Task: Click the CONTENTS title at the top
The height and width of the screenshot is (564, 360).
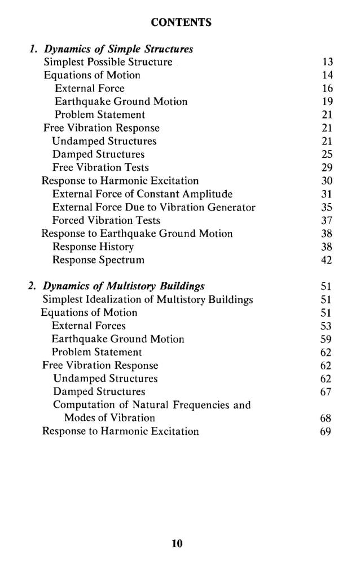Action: [181, 23]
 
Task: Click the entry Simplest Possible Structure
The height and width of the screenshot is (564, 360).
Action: [108, 62]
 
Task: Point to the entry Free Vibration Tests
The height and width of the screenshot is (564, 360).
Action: [100, 168]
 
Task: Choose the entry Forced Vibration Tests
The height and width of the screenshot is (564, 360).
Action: [106, 221]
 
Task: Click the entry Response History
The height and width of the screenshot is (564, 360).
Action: [93, 246]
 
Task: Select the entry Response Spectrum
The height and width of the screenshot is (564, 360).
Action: [98, 260]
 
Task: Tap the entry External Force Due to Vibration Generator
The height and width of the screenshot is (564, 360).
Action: [153, 207]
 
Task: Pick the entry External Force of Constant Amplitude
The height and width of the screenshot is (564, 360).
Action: [142, 194]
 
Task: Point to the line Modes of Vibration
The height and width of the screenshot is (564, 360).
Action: [109, 418]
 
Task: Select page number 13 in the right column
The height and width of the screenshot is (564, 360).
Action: [327, 62]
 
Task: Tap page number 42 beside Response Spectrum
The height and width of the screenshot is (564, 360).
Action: [327, 260]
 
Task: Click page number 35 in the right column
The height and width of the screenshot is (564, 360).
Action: [327, 207]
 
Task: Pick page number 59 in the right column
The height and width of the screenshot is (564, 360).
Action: [326, 340]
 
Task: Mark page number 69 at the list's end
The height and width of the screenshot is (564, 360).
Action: [326, 431]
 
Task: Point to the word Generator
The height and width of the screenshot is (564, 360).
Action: [231, 207]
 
